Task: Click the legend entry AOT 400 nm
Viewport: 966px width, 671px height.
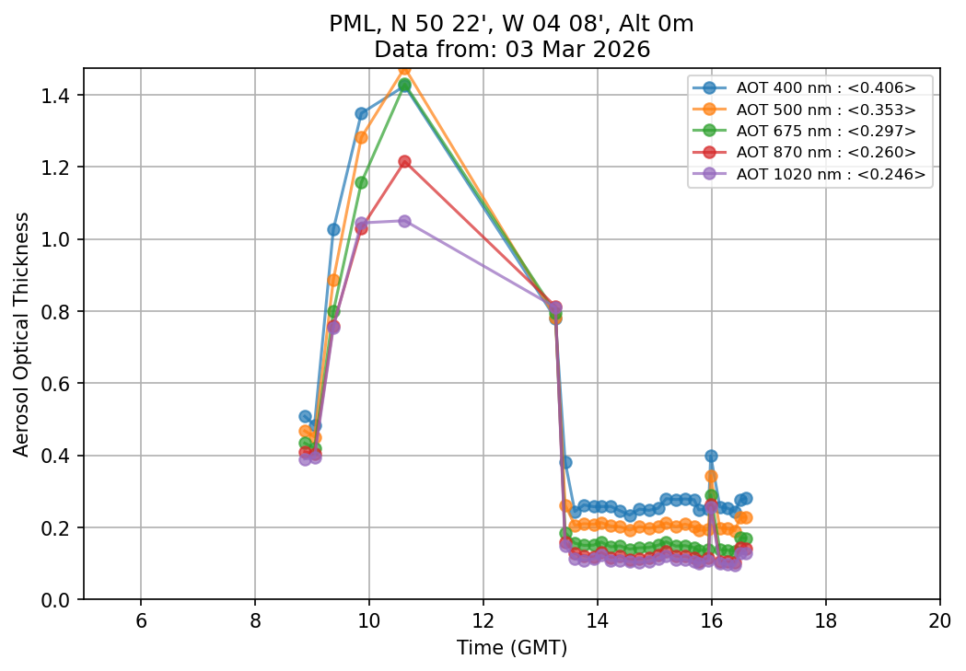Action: pos(825,88)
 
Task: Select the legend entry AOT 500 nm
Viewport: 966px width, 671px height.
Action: pos(825,110)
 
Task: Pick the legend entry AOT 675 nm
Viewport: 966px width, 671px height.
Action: pos(825,131)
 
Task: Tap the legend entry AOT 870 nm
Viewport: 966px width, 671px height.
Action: pos(825,152)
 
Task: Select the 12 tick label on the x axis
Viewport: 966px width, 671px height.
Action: pos(483,620)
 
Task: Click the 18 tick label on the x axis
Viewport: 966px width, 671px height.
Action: pos(825,620)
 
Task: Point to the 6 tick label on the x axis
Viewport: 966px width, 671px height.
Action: pos(141,620)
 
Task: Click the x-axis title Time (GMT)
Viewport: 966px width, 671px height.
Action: pos(512,648)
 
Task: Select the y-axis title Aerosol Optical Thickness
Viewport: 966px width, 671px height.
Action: pos(22,333)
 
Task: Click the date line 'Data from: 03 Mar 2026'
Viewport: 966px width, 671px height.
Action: pos(512,50)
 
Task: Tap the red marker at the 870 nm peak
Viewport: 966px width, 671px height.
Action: pos(404,162)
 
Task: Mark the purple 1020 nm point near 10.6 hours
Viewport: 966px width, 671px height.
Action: pos(404,221)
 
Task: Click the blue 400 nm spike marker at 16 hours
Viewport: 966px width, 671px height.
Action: pos(711,456)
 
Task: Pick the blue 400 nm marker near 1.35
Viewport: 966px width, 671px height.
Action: pos(361,114)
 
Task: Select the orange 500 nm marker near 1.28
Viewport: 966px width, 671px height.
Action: pos(361,137)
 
